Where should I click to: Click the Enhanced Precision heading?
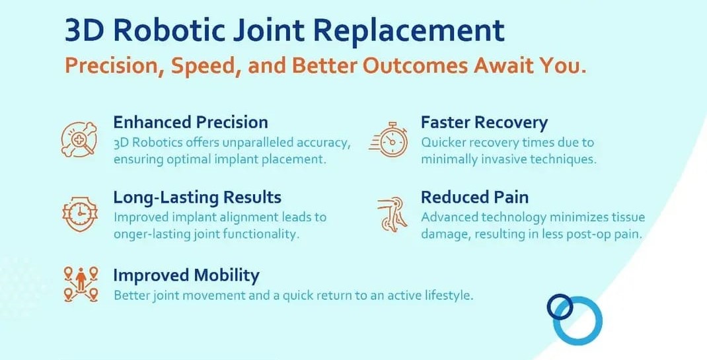(190, 123)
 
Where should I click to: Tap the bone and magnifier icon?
(79, 140)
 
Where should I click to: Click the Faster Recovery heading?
(484, 123)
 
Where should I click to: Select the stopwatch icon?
(389, 139)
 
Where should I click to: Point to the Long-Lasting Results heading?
(197, 198)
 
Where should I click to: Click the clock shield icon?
(80, 213)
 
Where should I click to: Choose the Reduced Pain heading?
(475, 198)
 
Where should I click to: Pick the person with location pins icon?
(81, 283)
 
